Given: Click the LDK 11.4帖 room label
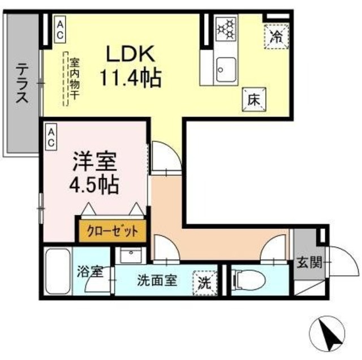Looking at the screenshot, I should (x=131, y=65).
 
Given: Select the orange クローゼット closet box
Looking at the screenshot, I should (x=113, y=230).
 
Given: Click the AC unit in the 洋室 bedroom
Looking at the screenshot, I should (x=51, y=137).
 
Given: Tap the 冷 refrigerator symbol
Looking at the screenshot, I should (x=277, y=37).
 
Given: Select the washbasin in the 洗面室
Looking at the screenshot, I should (x=133, y=256).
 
